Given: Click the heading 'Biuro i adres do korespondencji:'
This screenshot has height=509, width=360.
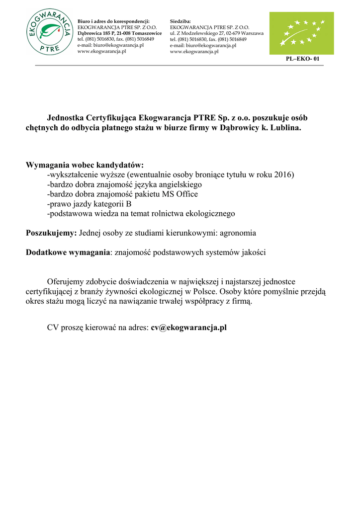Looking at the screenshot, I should (113, 21).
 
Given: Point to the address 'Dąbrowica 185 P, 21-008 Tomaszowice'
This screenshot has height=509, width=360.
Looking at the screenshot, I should (119, 33).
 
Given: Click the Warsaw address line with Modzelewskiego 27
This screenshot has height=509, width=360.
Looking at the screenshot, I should (216, 33).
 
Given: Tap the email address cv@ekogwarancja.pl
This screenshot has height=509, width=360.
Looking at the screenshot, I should (189, 328).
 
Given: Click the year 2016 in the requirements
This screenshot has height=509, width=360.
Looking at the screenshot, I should (284, 174).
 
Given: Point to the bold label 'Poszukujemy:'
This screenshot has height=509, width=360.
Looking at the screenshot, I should (51, 233).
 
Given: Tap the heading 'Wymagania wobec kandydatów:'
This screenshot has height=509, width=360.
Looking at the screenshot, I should (85, 165).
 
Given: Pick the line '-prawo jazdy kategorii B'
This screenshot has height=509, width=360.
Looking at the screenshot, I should (89, 204).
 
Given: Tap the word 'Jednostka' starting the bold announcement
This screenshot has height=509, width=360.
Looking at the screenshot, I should (65, 118).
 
